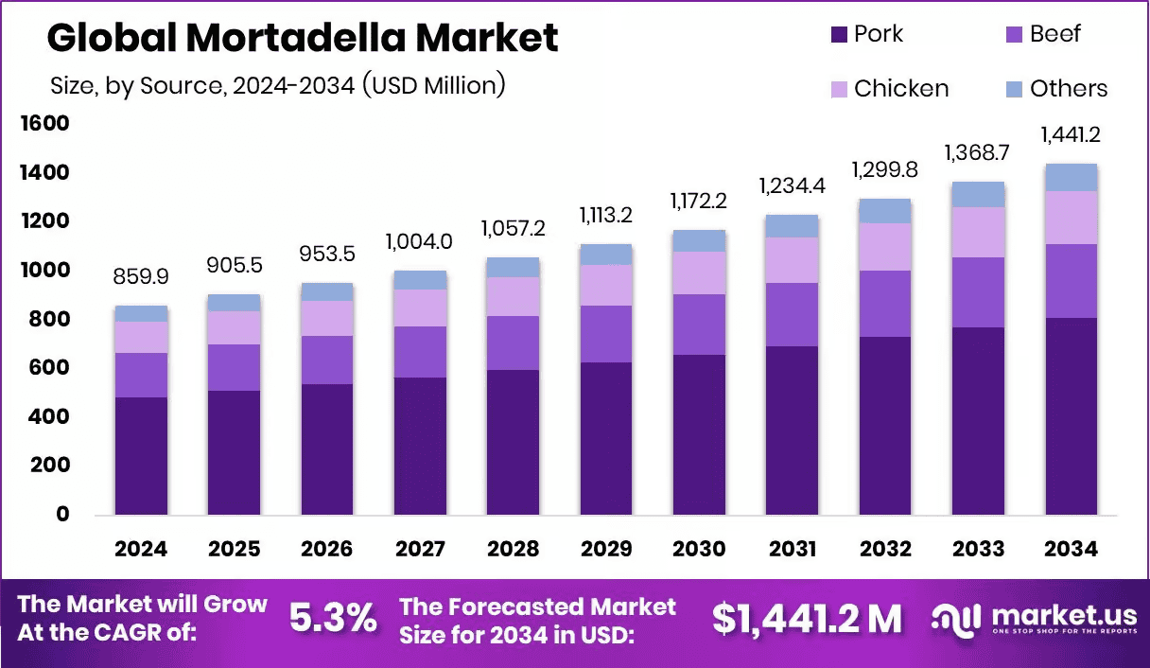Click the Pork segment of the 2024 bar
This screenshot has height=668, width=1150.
tap(142, 455)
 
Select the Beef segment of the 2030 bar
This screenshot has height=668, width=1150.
tap(699, 325)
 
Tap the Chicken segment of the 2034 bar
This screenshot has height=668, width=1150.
tap(1071, 218)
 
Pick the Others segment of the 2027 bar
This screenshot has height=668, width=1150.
tap(421, 280)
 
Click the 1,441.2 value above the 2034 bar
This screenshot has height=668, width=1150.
tap(1072, 135)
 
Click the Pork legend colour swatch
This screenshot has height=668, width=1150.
tap(839, 35)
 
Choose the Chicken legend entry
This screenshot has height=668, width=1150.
tap(889, 89)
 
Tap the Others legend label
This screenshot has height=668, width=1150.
tap(1069, 89)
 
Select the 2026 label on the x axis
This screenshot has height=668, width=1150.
tap(327, 550)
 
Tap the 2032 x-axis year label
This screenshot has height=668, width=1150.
tap(884, 550)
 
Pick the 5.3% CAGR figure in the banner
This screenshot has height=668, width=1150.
tap(332, 619)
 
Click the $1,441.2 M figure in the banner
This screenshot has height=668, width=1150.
tap(806, 619)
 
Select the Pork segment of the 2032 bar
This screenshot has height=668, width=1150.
tap(884, 425)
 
